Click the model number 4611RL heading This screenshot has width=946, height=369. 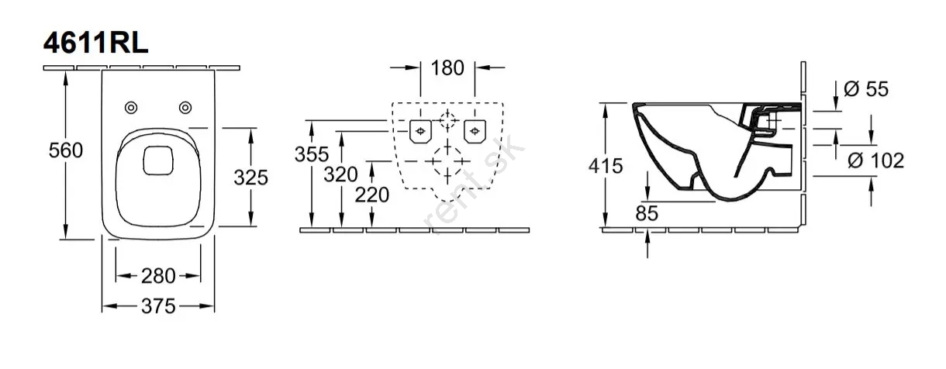(96, 43)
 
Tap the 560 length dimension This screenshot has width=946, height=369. (66, 150)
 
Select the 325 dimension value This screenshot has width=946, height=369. (251, 178)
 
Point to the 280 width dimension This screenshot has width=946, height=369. (158, 276)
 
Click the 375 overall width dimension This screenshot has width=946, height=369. (158, 306)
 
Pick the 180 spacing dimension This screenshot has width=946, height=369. (447, 68)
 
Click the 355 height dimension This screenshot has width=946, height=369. (312, 154)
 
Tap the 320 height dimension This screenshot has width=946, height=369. (341, 174)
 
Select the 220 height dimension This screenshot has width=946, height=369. (372, 195)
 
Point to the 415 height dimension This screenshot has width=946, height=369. (606, 166)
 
